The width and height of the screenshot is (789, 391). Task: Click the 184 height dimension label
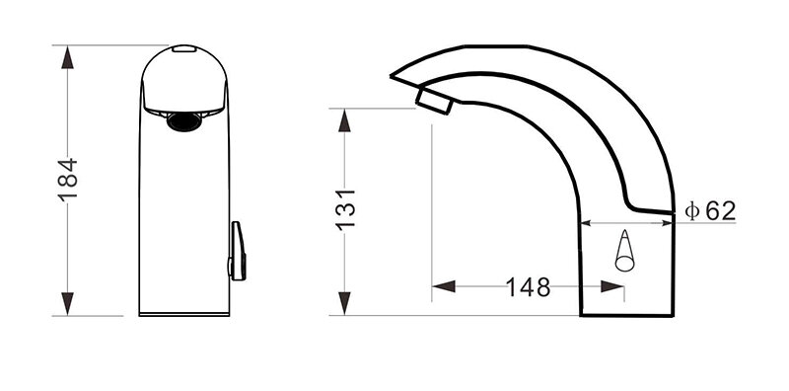pos(66,179)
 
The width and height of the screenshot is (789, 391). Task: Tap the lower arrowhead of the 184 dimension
pos(66,305)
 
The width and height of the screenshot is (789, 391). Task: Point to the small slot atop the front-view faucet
pos(183,48)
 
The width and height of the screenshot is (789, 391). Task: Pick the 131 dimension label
pos(345,210)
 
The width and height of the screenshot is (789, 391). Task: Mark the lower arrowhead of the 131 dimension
pos(345,304)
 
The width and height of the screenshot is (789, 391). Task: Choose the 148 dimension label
pos(528,287)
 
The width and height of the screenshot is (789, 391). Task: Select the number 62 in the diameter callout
pos(720,210)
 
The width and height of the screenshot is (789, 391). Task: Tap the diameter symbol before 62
pos(692,210)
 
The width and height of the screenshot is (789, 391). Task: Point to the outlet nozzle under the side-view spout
pos(434,100)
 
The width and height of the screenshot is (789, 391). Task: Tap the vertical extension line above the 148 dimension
pos(432,197)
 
